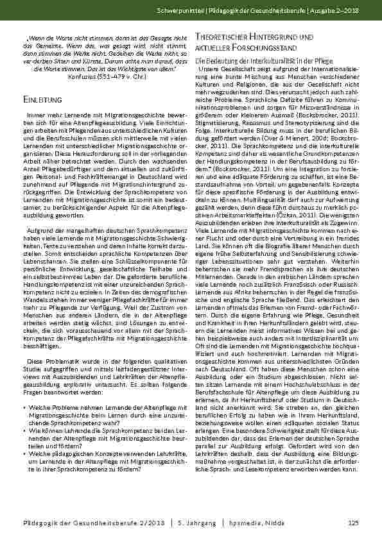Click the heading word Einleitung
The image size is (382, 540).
(42, 101)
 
